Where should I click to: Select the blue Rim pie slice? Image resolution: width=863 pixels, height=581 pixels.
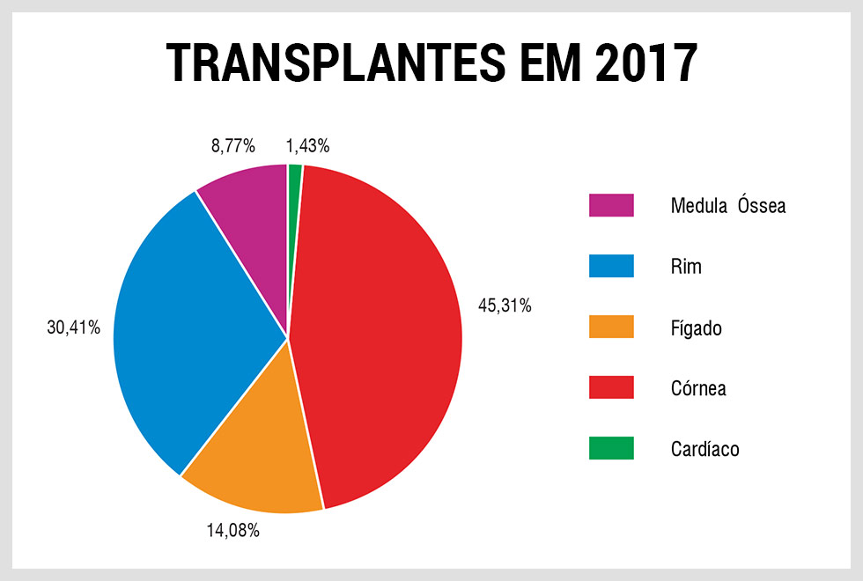point(194,326)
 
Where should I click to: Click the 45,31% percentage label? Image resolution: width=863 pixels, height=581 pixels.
point(505,306)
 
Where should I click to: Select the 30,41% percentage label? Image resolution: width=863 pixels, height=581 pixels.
point(74,327)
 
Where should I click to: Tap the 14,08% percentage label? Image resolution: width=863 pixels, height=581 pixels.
point(232,531)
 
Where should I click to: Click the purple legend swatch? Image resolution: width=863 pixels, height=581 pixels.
point(611,205)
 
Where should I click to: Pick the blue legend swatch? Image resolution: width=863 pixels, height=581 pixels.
point(611,266)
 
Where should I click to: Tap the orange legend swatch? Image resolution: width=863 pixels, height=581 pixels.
point(611,327)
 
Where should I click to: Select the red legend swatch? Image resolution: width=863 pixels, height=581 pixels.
point(611,387)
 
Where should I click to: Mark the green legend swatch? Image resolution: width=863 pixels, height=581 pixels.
point(611,448)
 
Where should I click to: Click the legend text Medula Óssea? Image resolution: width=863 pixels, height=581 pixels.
point(727,206)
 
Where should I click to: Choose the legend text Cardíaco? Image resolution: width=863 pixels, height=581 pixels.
point(704,449)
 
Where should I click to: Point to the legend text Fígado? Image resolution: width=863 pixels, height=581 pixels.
point(696,328)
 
